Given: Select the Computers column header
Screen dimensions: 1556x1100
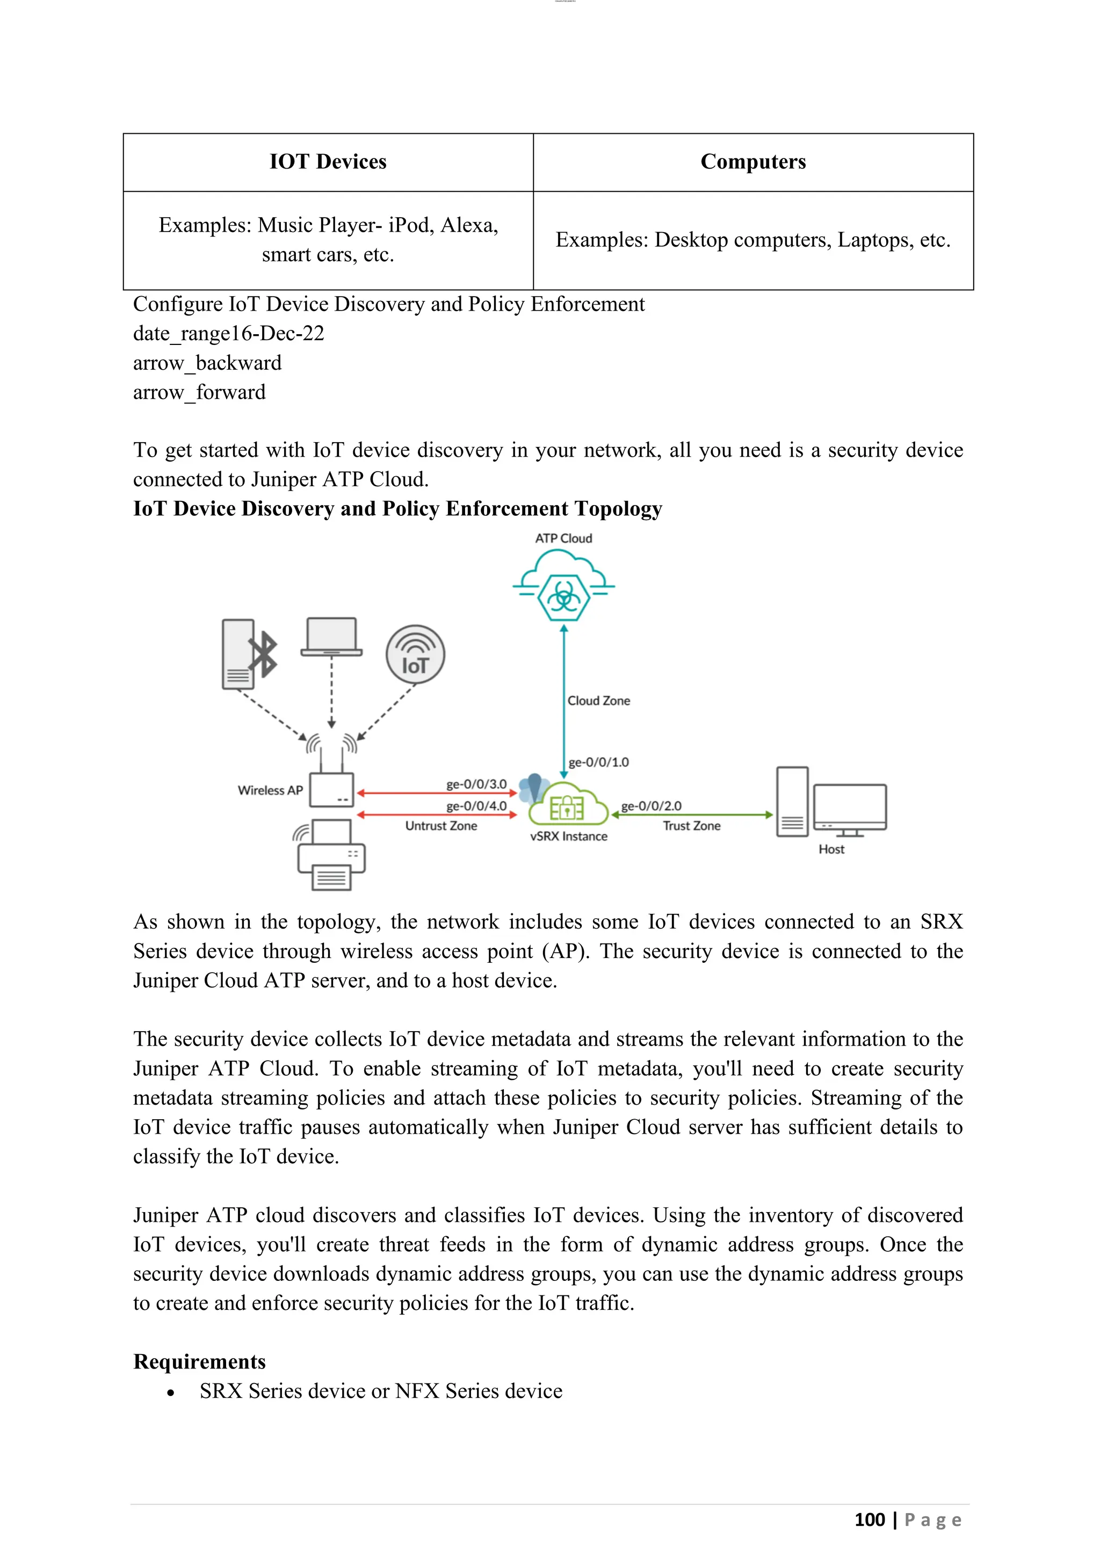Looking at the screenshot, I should tap(752, 162).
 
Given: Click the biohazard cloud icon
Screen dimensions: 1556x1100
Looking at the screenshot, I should tap(563, 586).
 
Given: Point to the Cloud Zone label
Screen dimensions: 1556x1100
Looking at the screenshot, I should tap(598, 701).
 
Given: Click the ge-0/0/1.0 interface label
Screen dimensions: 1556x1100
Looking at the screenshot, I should tap(598, 762).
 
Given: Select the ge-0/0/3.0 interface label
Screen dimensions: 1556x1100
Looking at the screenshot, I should tap(476, 784).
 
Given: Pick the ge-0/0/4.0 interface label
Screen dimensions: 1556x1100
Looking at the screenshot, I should tap(476, 806).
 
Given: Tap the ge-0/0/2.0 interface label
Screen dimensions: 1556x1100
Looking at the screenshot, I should tap(651, 806).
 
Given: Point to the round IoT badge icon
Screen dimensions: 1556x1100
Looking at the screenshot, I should tap(415, 654).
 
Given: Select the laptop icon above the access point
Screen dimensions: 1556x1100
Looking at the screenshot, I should tap(331, 637).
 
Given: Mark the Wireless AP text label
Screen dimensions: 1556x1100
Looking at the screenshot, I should tap(270, 790).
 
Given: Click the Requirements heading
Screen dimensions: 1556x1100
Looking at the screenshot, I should tap(199, 1361).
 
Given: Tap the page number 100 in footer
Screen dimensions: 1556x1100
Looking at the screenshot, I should tap(869, 1520).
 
